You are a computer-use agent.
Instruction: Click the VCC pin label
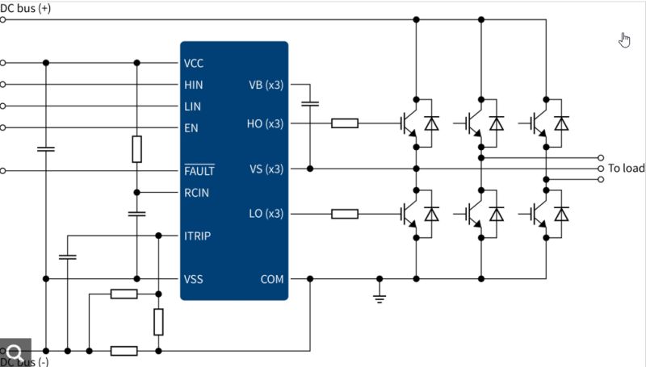(x=193, y=63)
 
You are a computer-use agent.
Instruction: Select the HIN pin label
(x=193, y=85)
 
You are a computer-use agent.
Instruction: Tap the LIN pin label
(x=192, y=106)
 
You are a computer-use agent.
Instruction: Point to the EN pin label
(x=191, y=127)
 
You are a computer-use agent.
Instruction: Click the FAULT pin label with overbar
(x=199, y=171)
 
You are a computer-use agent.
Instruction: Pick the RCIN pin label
(x=197, y=193)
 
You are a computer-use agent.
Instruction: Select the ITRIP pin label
(x=198, y=236)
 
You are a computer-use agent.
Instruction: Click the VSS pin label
(x=193, y=279)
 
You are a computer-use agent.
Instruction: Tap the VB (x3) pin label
(x=266, y=85)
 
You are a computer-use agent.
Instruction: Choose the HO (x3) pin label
(x=266, y=123)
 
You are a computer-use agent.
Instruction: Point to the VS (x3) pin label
(x=266, y=169)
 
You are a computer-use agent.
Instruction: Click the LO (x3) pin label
(x=266, y=214)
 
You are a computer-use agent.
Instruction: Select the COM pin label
(x=271, y=279)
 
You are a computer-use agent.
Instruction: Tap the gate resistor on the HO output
(x=345, y=123)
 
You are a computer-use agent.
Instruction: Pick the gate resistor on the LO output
(x=345, y=214)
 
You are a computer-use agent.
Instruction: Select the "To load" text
(x=626, y=169)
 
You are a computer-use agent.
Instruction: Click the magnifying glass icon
(x=15, y=352)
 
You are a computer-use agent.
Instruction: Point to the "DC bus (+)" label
(x=24, y=6)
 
